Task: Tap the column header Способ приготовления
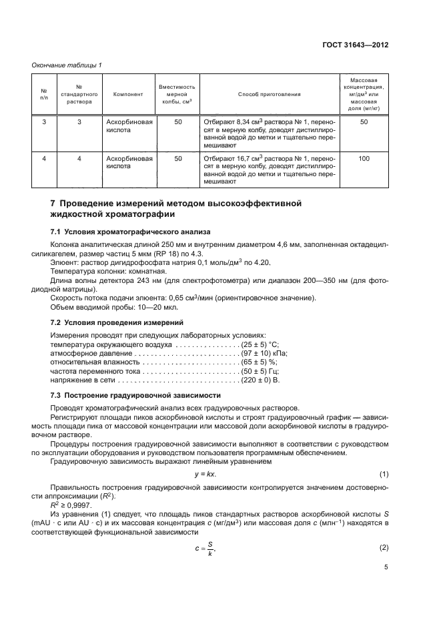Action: coord(270,94)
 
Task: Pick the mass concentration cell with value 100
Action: coord(364,159)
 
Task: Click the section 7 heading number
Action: coord(53,202)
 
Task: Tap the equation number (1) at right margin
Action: coord(384,474)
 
